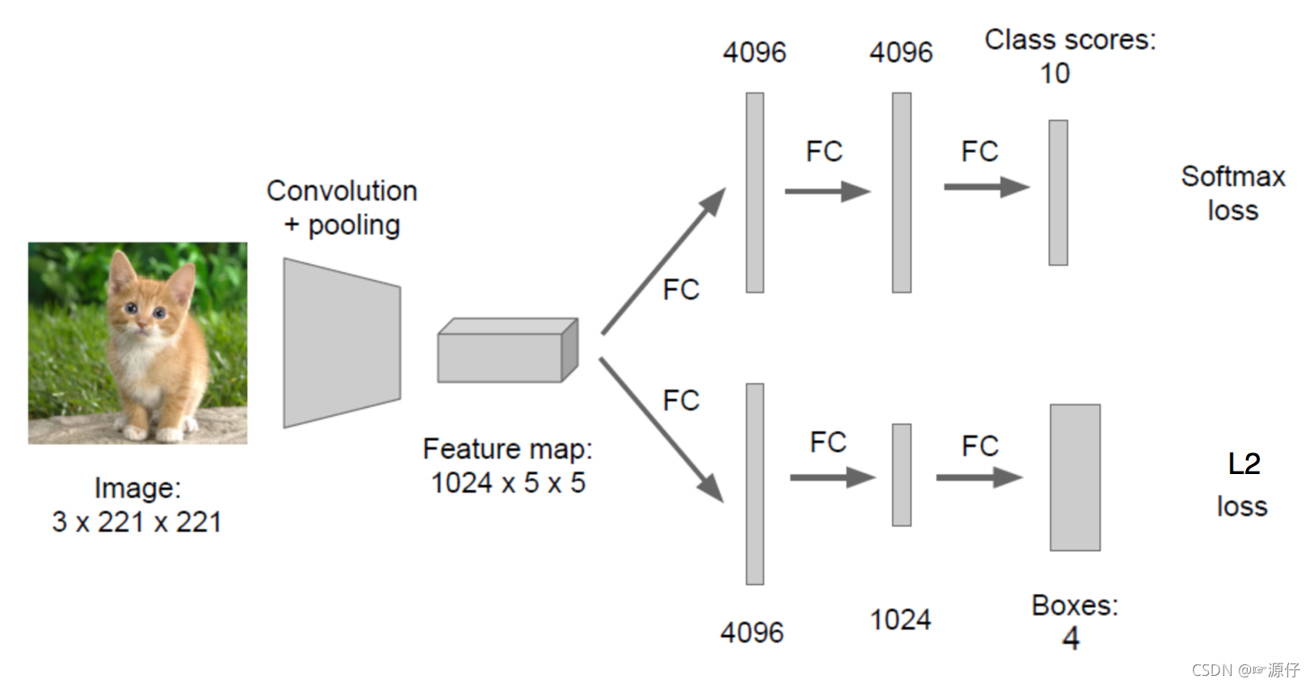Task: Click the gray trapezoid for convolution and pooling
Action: pos(341,342)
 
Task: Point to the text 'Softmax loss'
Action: pos(1232,193)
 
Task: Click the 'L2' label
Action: pos(1244,464)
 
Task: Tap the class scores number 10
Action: pos(1054,74)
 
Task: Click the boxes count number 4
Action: pos(1071,638)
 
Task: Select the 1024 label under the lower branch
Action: pos(900,620)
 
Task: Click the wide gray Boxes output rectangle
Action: pos(1075,477)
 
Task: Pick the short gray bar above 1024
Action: pos(901,475)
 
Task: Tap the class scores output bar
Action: pos(1058,193)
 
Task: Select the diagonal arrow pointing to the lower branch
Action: pos(661,430)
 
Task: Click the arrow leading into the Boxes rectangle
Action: pos(979,477)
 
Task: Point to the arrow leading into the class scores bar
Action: pos(986,187)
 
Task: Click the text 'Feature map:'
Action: pos(508,448)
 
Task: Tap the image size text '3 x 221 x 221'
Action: pos(137,522)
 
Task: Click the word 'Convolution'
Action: pos(341,190)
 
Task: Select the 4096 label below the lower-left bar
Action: pos(752,633)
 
